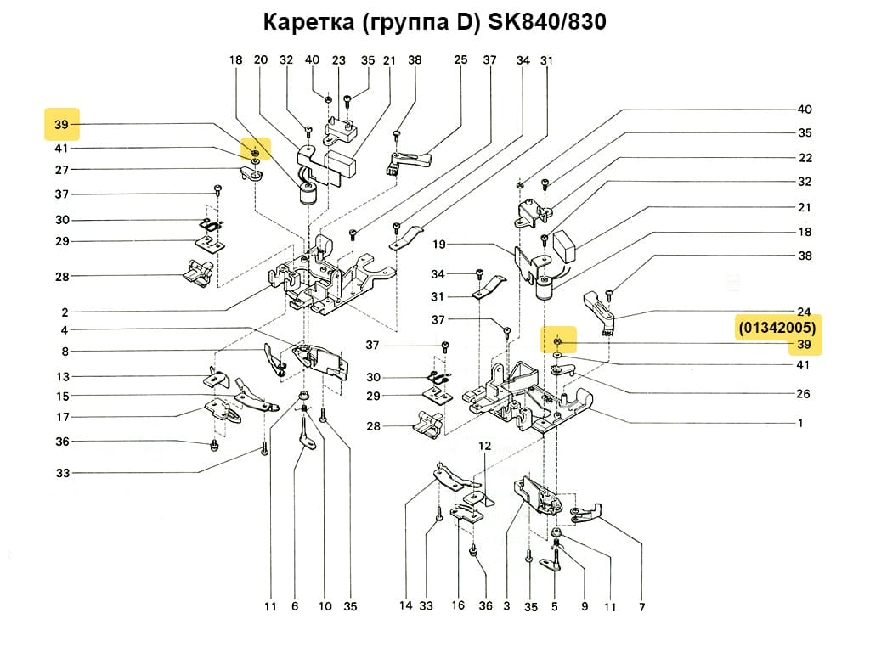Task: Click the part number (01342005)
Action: [x=777, y=327]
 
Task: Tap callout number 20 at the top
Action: [x=261, y=60]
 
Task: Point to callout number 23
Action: [x=339, y=60]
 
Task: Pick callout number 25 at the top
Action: [x=460, y=60]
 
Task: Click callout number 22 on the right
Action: [x=804, y=158]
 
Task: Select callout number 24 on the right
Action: [x=804, y=312]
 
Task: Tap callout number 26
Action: [x=804, y=394]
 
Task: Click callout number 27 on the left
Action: [x=62, y=170]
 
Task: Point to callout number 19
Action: [x=438, y=245]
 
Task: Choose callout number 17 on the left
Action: [x=62, y=416]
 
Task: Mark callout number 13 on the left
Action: [x=62, y=377]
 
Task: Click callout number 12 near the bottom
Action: [x=484, y=446]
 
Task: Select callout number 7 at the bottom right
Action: [x=641, y=607]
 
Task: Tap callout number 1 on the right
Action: [x=799, y=423]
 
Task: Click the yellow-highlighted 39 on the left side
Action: [x=61, y=125]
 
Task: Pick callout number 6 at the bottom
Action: [x=295, y=607]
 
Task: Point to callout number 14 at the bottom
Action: [x=407, y=606]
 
